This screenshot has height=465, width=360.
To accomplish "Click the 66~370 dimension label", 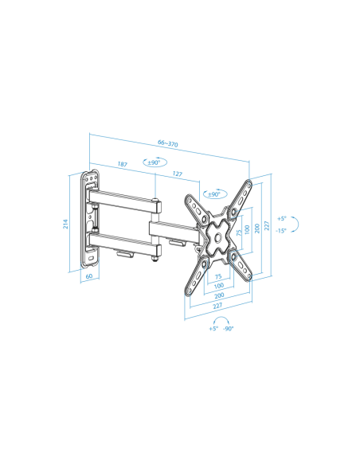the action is (168, 143).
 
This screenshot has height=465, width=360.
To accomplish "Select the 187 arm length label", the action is (122, 164).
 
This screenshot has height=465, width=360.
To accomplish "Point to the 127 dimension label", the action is (177, 174).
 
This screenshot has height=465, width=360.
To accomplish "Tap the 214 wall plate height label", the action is (65, 224).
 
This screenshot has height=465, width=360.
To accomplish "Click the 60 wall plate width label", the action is (89, 276).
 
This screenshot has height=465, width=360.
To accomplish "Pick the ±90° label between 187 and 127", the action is (154, 162).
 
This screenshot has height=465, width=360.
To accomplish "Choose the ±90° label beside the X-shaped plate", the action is (214, 194).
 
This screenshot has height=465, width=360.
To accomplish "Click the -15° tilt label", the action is (281, 230).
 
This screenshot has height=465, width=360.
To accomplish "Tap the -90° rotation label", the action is (229, 329).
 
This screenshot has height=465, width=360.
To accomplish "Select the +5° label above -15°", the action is (282, 218).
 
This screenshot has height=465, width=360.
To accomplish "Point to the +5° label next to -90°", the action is (213, 329).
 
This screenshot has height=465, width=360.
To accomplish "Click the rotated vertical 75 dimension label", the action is (239, 232).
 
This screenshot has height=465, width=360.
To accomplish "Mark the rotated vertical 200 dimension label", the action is (257, 229).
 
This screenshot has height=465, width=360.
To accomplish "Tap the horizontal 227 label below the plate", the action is (217, 306).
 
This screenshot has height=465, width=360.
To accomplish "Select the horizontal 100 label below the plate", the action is (218, 286).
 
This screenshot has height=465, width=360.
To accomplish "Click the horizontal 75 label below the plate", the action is (218, 276).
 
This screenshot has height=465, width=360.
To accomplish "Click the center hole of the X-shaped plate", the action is (218, 237).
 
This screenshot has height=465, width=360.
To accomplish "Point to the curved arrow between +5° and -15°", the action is (297, 224).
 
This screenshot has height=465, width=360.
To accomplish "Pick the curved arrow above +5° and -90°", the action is (221, 318).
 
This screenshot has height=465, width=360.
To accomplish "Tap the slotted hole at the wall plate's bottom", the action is (91, 258).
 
